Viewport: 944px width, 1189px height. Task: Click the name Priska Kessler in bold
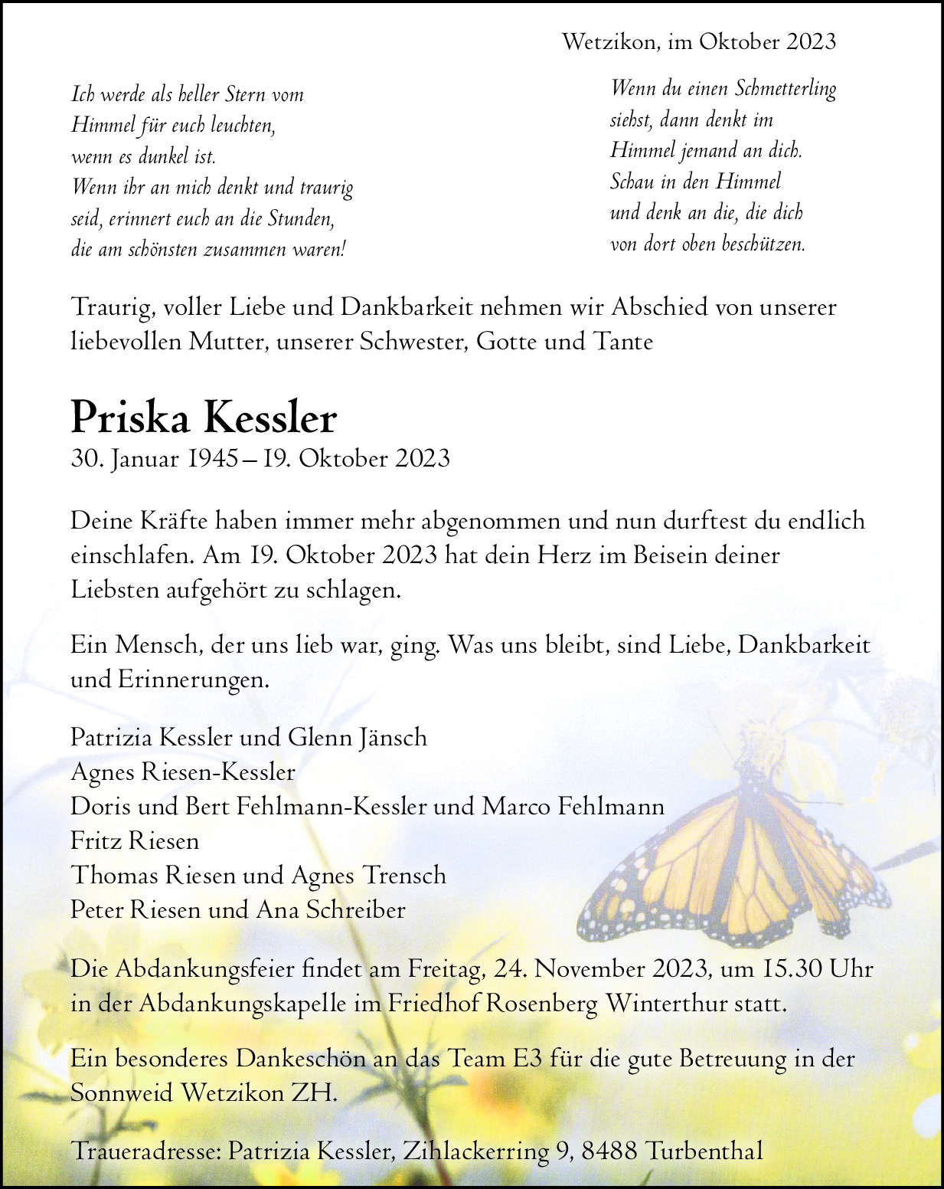pos(204,418)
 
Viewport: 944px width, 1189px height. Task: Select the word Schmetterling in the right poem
pos(785,89)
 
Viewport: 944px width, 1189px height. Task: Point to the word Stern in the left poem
pos(246,95)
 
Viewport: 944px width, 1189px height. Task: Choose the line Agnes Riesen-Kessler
pos(183,772)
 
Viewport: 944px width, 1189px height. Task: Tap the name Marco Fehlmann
pos(573,807)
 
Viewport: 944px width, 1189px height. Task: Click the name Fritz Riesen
pos(135,841)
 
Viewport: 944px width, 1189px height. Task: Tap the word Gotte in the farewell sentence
pos(506,341)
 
